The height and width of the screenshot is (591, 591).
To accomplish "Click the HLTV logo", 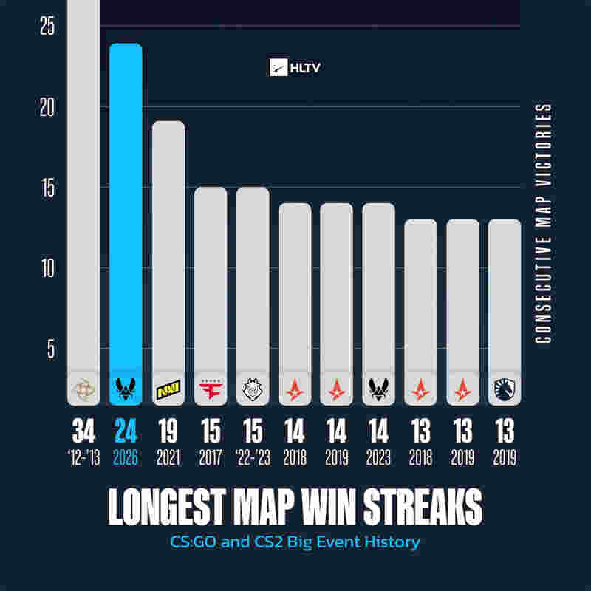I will click(x=295, y=68).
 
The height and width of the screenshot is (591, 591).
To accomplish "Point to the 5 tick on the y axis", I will click(x=51, y=349).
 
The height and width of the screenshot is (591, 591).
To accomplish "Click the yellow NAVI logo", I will click(x=168, y=388).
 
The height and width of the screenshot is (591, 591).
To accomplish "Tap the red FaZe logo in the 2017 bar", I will click(x=210, y=388).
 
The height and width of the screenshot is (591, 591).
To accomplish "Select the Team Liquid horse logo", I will click(x=505, y=388).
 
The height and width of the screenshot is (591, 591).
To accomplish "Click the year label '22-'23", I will click(x=252, y=458).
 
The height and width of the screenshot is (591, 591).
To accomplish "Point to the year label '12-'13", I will click(x=83, y=458).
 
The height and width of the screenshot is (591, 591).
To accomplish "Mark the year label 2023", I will click(x=378, y=458).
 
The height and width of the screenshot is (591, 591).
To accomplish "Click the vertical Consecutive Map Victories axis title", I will click(x=544, y=222).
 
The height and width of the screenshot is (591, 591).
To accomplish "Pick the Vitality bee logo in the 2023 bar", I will click(x=378, y=388).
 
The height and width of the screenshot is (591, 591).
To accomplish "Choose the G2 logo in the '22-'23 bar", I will click(x=252, y=388).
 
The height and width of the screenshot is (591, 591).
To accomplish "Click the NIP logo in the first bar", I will click(x=83, y=388).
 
